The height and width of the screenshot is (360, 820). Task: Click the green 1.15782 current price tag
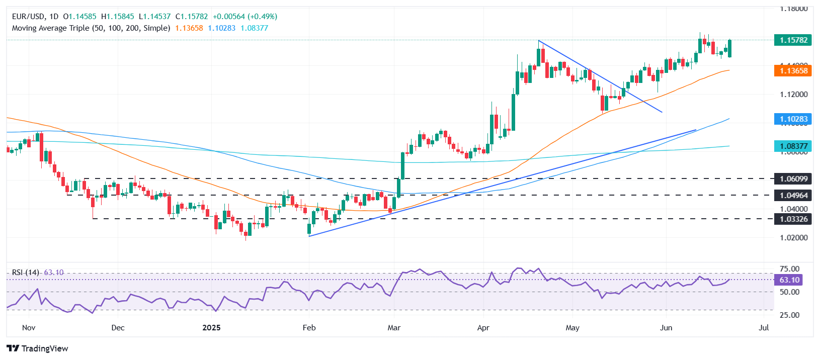coord(793,40)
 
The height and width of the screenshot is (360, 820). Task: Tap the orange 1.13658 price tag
coord(793,71)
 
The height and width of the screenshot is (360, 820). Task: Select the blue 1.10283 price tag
coord(793,119)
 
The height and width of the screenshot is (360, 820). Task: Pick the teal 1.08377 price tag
coord(793,146)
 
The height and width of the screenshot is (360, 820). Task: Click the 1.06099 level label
coord(793,178)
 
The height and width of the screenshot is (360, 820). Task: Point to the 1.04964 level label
coord(793,195)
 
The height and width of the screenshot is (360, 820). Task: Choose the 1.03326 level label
coord(793,219)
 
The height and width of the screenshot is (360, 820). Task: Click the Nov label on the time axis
coord(29,328)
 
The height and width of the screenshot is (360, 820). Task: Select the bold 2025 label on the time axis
coord(211,328)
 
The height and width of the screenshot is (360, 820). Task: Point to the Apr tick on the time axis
coord(483,328)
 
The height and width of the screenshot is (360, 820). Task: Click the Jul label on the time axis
coord(764,328)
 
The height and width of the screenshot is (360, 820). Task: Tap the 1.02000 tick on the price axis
coord(793,237)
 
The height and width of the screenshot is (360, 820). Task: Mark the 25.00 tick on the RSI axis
coord(789,315)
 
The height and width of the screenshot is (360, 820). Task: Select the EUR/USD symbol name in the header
coord(28,17)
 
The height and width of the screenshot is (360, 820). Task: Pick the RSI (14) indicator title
coord(25,273)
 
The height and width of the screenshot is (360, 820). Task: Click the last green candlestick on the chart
coord(729,48)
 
